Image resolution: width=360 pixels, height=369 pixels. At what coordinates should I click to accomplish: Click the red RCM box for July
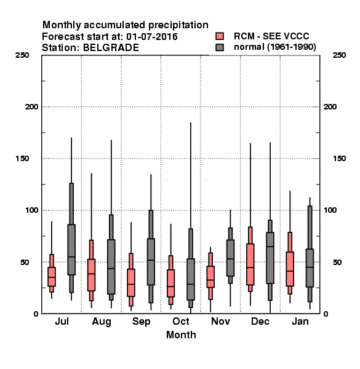pyautogui.click(x=52, y=277)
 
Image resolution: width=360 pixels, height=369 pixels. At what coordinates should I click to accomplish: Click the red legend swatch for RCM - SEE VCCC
pyautogui.click(x=220, y=36)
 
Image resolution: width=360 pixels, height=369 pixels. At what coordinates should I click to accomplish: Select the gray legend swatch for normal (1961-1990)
pyautogui.click(x=220, y=47)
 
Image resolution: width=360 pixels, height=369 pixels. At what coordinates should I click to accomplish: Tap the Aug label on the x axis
pyautogui.click(x=102, y=322)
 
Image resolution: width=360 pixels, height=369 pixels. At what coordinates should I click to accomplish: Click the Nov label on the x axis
pyautogui.click(x=220, y=321)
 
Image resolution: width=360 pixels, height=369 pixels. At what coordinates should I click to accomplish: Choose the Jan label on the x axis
pyautogui.click(x=300, y=321)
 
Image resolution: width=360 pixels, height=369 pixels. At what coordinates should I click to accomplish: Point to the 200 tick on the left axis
pyautogui.click(x=31, y=107)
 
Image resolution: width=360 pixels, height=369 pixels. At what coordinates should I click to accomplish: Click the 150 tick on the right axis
pyautogui.click(x=340, y=159)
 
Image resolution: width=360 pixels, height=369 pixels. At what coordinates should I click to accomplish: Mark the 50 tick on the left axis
pyautogui.click(x=25, y=262)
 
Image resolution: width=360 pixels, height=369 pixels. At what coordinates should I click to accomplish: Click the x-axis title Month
pyautogui.click(x=181, y=335)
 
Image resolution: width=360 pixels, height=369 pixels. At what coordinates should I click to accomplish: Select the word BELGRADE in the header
pyautogui.click(x=111, y=48)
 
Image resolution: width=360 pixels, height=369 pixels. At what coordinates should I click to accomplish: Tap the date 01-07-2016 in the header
pyautogui.click(x=152, y=37)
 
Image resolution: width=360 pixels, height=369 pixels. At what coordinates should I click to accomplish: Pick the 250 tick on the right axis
pyautogui.click(x=340, y=55)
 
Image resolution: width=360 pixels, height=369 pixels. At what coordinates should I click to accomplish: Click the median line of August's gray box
pyautogui.click(x=111, y=269)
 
